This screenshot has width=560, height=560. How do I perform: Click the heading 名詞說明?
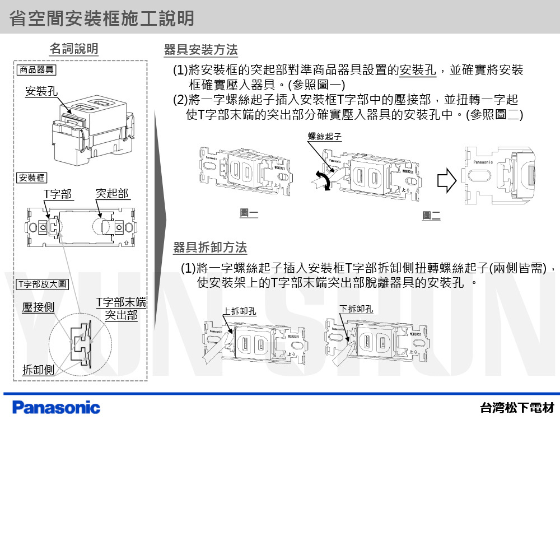pos(73,49)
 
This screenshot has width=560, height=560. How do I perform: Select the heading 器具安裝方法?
pos(200,50)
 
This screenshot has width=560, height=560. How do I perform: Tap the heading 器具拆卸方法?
pos(210,248)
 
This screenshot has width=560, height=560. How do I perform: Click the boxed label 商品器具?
pos(36,70)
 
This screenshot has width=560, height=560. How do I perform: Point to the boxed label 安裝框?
pos(31,178)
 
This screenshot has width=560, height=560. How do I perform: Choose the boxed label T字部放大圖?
pos(42,284)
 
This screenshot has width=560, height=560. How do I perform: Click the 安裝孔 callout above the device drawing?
pos(41,91)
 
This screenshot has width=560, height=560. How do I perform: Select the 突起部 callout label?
pos(112,194)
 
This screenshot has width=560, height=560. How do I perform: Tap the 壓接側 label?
pos(38,307)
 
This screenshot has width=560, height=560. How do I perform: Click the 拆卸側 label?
pos(38,370)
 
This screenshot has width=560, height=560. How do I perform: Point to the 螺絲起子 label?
pos(325,136)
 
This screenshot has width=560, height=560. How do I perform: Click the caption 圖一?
pos(249,213)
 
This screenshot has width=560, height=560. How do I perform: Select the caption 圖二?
pos(431,216)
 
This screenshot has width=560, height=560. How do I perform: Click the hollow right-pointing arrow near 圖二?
pos(446,181)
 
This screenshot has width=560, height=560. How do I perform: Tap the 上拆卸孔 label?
pos(240,311)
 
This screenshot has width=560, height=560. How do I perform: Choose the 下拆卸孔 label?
pos(356,309)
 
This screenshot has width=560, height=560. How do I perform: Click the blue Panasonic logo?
pos(56,408)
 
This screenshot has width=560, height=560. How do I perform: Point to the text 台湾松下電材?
pos(517,408)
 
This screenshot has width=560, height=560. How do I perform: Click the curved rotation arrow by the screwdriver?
pos(321,181)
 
